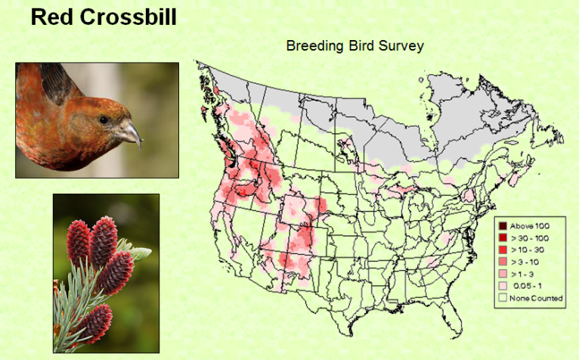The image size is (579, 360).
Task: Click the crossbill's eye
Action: (x=104, y=119)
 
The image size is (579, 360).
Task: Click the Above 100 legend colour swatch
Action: (x=503, y=226)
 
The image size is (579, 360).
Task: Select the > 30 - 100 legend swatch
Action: (x=503, y=237)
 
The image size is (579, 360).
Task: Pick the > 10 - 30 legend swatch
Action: (x=503, y=250)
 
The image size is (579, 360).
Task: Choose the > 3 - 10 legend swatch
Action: (x=503, y=262)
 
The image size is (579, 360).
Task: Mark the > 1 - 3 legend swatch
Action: (x=503, y=274)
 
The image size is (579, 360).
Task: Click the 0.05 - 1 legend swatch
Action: (x=503, y=286)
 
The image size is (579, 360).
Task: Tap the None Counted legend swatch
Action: (x=503, y=297)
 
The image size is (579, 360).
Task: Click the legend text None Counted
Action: (x=536, y=298)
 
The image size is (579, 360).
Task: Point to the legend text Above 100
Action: (x=530, y=226)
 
